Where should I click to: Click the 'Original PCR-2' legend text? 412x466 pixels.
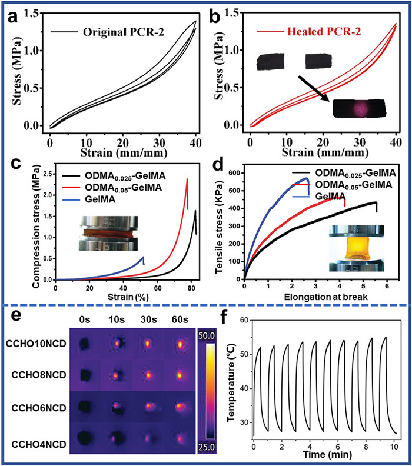[x=124, y=32]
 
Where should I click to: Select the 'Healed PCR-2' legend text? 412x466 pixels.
[x=324, y=31]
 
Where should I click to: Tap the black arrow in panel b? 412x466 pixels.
[x=314, y=89]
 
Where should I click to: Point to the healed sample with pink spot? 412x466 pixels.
[x=359, y=108]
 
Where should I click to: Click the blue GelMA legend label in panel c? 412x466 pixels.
[x=100, y=199]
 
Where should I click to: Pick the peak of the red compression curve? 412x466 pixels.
[x=187, y=179]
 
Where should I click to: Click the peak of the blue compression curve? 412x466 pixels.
[x=143, y=257]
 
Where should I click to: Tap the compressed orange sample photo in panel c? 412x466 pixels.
[x=108, y=234]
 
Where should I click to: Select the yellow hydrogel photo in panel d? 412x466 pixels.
[x=357, y=248]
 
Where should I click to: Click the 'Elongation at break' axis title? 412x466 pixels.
[x=326, y=297]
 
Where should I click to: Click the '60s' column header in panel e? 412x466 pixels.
[x=180, y=319]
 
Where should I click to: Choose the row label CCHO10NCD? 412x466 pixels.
[x=36, y=344]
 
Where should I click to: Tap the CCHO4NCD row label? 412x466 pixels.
[x=39, y=445]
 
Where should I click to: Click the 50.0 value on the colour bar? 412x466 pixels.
[x=207, y=336]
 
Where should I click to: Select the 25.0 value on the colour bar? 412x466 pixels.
[x=207, y=447]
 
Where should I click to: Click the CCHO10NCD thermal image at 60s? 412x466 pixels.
[x=180, y=344]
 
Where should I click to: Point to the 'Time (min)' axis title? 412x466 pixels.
[x=327, y=455]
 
